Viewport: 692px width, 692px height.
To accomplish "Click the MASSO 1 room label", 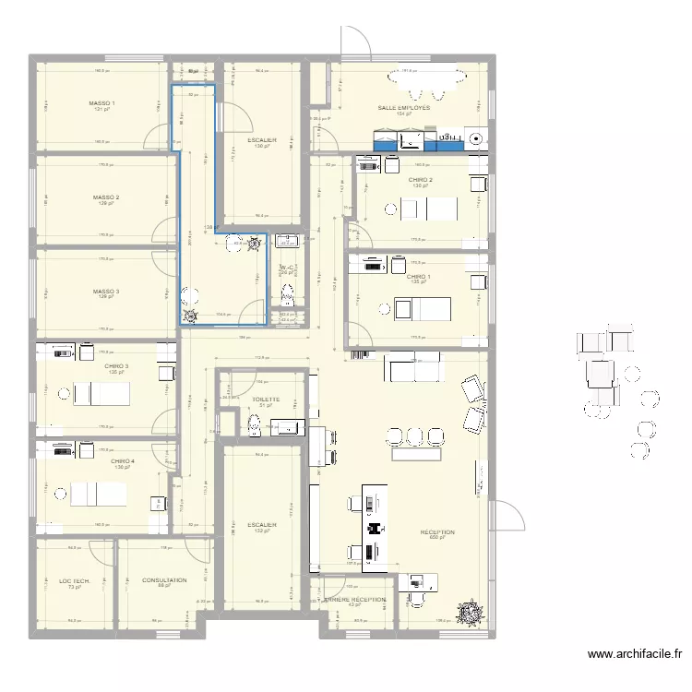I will pos(101,103).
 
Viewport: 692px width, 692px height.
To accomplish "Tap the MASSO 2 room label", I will pos(105,197).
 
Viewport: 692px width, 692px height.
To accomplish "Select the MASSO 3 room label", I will pos(105,292).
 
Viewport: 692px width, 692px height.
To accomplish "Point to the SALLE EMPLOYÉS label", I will pos(403,108).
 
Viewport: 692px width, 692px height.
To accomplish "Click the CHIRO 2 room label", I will pos(422,180).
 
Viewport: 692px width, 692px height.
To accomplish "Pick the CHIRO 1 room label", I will pos(418,276).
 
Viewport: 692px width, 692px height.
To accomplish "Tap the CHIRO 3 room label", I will pos(116,366).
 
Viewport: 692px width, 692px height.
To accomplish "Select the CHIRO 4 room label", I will pos(122,461).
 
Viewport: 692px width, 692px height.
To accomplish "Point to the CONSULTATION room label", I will pos(164,580).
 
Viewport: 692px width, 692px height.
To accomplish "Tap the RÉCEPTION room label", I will pos(436,532).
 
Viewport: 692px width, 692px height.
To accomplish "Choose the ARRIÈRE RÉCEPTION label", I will pos(354,599).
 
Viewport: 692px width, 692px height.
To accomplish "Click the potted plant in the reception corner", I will pos(472,610).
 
